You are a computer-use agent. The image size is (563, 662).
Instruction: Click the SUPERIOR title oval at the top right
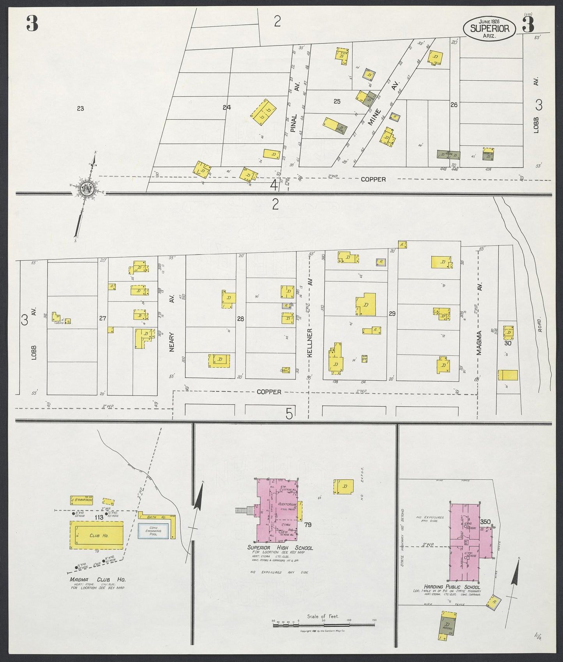click(x=489, y=28)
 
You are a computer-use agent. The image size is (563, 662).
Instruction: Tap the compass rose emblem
click(x=86, y=190)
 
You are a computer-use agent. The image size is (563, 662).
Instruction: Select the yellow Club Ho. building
click(x=97, y=535)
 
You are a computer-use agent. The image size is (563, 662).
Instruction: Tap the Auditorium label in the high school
click(x=288, y=505)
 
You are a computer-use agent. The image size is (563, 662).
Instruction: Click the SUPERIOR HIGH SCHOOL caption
click(x=280, y=548)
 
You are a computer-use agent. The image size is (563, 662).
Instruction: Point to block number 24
click(x=227, y=107)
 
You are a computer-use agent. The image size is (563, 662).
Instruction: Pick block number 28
click(x=240, y=319)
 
